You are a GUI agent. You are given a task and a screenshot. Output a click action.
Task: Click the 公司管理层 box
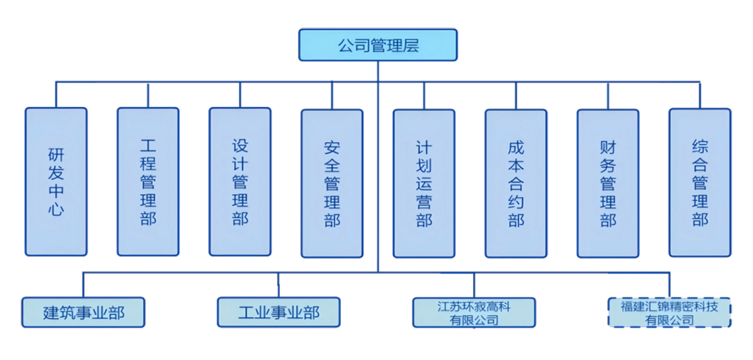378,45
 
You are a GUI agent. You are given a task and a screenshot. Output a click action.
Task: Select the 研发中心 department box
56,182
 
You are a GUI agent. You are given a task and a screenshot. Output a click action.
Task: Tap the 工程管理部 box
148,182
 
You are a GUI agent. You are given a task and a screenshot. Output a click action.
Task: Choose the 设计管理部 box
240,182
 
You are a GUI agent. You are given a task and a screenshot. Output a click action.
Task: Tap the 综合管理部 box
700,182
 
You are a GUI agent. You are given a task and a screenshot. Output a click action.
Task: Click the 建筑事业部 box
83,312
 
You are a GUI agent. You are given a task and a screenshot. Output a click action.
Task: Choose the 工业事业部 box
279,312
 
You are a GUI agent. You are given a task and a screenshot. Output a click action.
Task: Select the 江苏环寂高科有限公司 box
474,312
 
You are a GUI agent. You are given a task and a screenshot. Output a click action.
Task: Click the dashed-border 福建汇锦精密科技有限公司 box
669,312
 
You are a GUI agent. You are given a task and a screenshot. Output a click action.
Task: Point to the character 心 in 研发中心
56,211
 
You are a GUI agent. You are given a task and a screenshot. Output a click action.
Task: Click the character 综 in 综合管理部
700,146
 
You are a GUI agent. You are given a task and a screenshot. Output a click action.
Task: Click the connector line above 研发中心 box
56,94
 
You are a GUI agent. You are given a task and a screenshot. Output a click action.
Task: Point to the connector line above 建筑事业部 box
83,284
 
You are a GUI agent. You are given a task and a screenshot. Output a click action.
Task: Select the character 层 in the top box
410,46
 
